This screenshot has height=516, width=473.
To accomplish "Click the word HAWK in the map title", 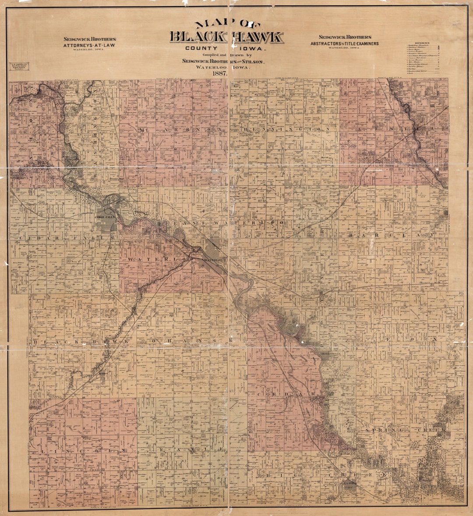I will [258, 37].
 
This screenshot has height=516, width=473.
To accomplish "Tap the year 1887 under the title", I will [219, 74].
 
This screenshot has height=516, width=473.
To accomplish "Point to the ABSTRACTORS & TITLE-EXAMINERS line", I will [345, 43].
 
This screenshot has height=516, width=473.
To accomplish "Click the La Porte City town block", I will [351, 484].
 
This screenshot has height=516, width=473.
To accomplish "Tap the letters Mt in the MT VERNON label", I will [143, 131].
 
